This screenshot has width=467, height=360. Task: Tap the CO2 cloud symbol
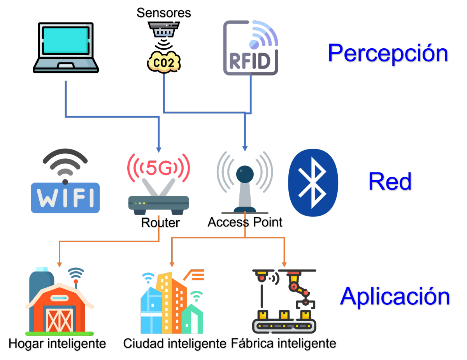pyautogui.click(x=164, y=63)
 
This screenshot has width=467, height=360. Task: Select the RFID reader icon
pyautogui.click(x=251, y=47)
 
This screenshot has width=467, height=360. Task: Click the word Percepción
pyautogui.click(x=388, y=53)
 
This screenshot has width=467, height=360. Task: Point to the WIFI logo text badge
pyautogui.click(x=65, y=198)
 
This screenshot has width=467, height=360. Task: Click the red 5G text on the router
pyautogui.click(x=158, y=168)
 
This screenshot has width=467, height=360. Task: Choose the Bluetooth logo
pyautogui.click(x=313, y=183)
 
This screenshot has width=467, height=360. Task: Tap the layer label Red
pyautogui.click(x=390, y=181)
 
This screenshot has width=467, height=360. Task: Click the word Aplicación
pyautogui.click(x=395, y=296)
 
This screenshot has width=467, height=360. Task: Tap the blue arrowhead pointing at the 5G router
pyautogui.click(x=158, y=149)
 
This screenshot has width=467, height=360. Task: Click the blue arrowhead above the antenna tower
pyautogui.click(x=245, y=148)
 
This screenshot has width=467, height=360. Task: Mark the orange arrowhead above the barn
pyautogui.click(x=60, y=264)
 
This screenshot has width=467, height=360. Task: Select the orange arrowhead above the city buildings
pyautogui.click(x=172, y=264)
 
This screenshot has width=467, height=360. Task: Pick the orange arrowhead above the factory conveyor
pyautogui.click(x=284, y=264)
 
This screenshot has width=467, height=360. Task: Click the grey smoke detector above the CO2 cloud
pyautogui.click(x=163, y=29)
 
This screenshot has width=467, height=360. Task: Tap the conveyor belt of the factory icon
pyautogui.click(x=284, y=325)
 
